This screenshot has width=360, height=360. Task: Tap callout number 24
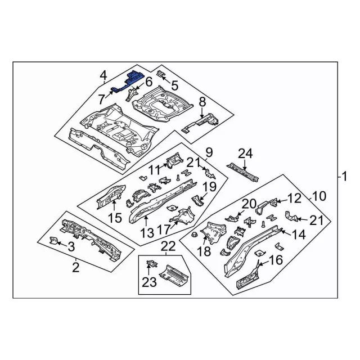[x=245, y=153]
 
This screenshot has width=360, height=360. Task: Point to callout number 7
[x=101, y=99]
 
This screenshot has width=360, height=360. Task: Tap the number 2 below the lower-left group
[x=76, y=267]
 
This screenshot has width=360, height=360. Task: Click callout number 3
[x=71, y=246]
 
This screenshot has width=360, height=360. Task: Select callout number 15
[x=114, y=217]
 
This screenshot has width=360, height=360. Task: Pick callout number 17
[x=164, y=229]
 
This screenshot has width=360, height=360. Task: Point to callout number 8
[x=202, y=102]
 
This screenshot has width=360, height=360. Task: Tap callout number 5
[x=174, y=86]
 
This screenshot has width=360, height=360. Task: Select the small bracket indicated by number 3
[x=53, y=241]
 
